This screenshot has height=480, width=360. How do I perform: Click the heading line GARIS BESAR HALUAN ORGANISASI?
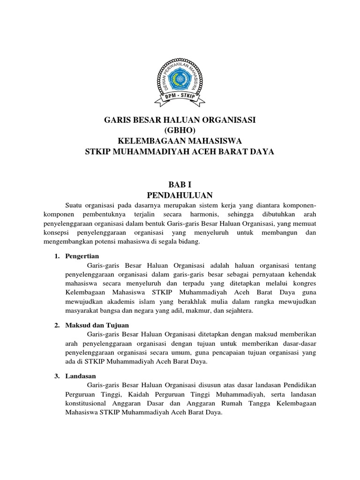[x=180, y=120]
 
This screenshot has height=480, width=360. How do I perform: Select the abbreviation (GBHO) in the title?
[x=180, y=131]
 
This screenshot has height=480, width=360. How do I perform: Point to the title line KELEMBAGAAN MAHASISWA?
[x=180, y=141]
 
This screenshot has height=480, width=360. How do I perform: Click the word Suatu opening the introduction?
[x=74, y=206]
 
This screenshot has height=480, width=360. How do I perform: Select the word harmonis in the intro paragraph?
[x=199, y=215]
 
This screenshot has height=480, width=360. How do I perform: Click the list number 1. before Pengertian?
[x=57, y=257]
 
